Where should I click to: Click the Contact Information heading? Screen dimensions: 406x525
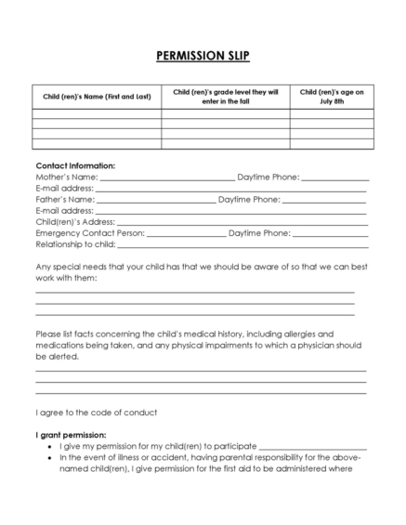pyautogui.click(x=75, y=164)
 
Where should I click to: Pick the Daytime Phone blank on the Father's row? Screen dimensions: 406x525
pyautogui.click(x=324, y=200)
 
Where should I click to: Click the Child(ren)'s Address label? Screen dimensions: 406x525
pyautogui.click(x=74, y=222)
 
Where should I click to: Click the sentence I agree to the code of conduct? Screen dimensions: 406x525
pyautogui.click(x=97, y=412)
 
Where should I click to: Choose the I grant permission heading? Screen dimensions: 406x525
pyautogui.click(x=71, y=435)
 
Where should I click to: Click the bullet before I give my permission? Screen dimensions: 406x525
pyautogui.click(x=48, y=446)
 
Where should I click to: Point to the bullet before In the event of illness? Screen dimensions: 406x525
pyautogui.click(x=48, y=457)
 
